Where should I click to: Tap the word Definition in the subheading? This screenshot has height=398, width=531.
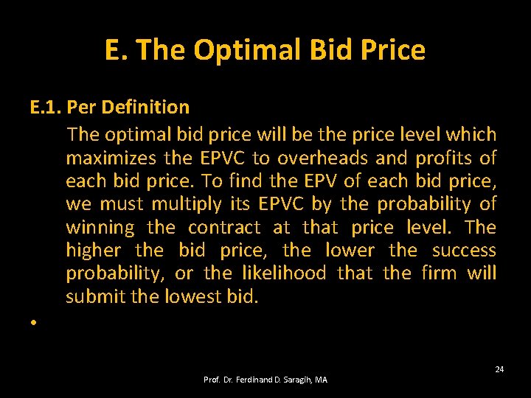pos(145,108)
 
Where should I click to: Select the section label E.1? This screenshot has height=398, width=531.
pos(46,108)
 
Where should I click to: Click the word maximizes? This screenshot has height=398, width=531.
pos(111,158)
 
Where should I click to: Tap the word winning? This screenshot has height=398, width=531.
pos(100,228)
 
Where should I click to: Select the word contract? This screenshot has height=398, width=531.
pos(224,228)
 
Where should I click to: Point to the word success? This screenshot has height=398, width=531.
pos(464,251)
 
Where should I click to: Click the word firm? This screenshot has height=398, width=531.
pos(439,273)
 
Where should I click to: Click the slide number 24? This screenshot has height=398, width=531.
pos(499,369)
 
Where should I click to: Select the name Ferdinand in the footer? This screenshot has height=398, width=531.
pos(257,380)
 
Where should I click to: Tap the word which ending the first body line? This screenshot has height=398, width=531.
pos(474,135)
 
